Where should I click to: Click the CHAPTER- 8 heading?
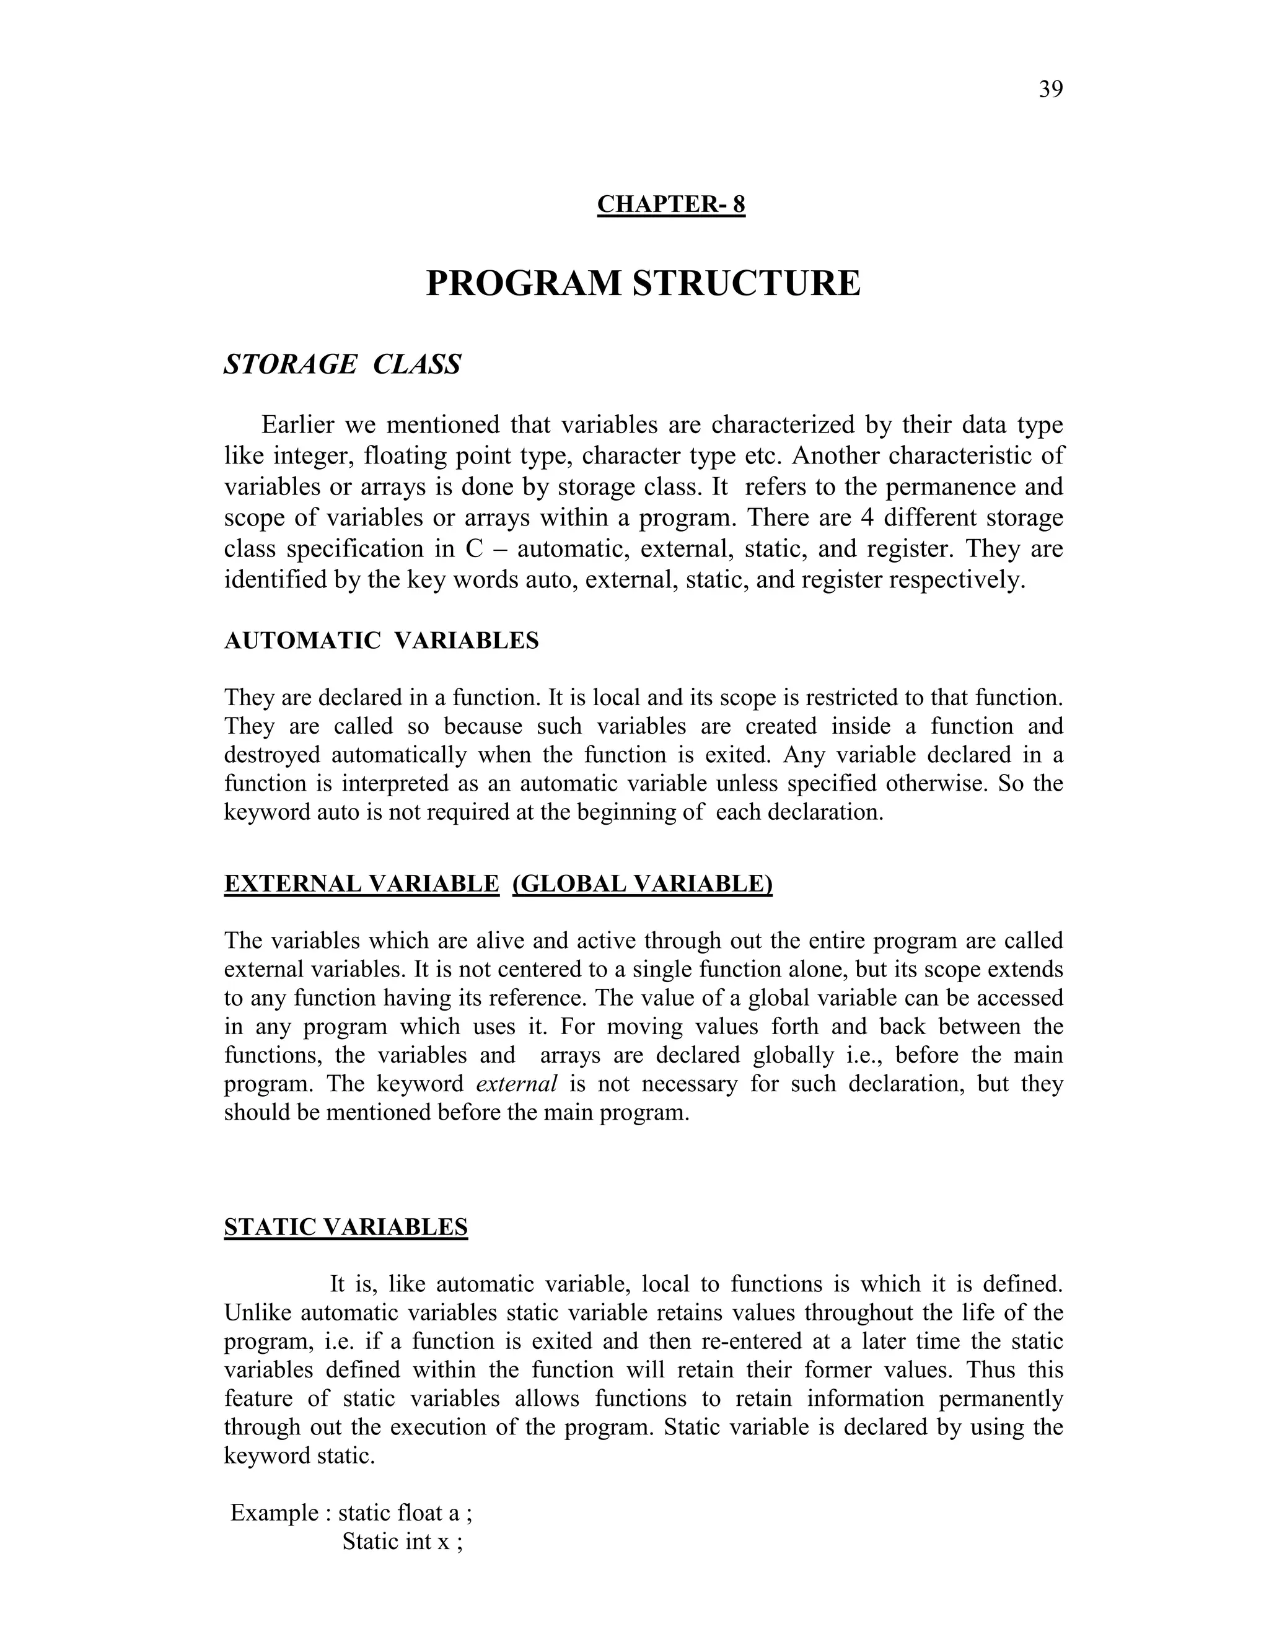(670, 204)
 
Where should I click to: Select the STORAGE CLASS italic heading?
(343, 364)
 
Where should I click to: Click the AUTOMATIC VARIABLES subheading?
(381, 641)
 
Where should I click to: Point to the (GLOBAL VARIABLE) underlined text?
(642, 884)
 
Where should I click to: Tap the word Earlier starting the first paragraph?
(297, 425)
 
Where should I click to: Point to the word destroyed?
(271, 755)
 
